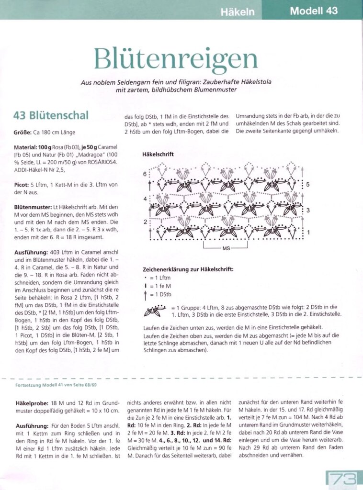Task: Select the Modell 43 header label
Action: (314, 11)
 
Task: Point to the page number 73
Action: (342, 479)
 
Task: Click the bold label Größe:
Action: (23, 132)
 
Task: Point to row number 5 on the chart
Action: (307, 184)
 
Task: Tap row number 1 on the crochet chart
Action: (307, 232)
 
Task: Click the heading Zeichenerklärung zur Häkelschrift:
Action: (188, 269)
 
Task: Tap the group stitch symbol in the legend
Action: (155, 311)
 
